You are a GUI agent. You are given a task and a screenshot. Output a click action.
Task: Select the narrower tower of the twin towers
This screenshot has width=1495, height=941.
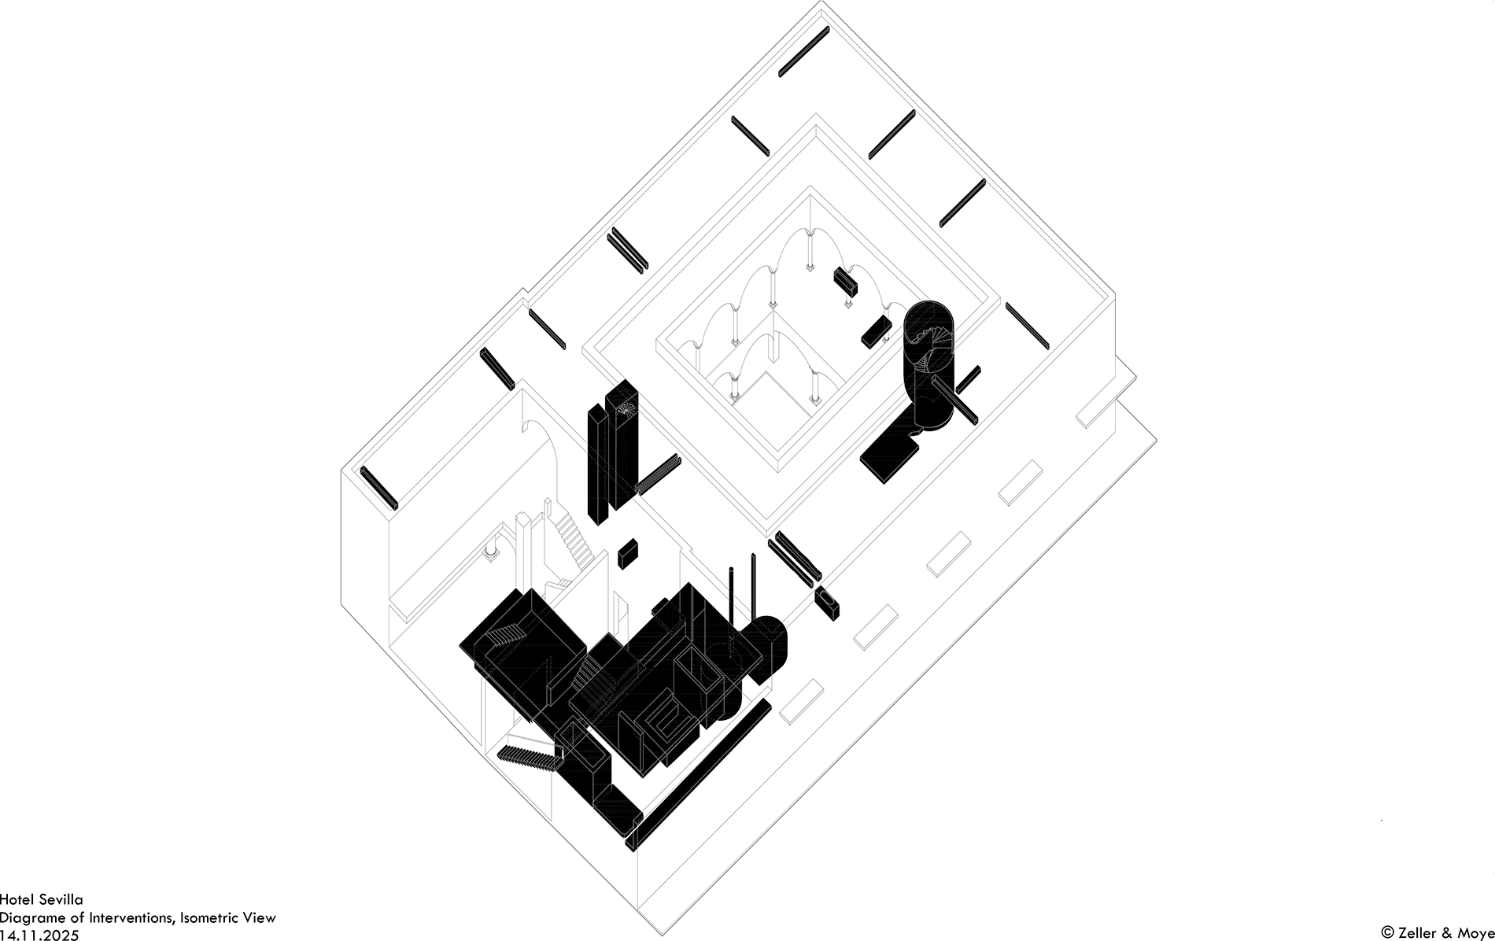[597, 464]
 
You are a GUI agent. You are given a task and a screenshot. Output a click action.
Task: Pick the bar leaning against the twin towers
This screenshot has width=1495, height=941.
[658, 475]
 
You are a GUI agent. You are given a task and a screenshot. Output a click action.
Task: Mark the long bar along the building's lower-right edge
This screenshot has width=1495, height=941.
[700, 771]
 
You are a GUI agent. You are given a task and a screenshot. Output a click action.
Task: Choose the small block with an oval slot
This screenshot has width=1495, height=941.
[825, 604]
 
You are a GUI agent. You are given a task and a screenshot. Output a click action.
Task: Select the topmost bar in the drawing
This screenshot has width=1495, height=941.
[803, 52]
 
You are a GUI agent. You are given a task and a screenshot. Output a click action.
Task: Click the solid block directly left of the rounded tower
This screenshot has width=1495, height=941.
[875, 331]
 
